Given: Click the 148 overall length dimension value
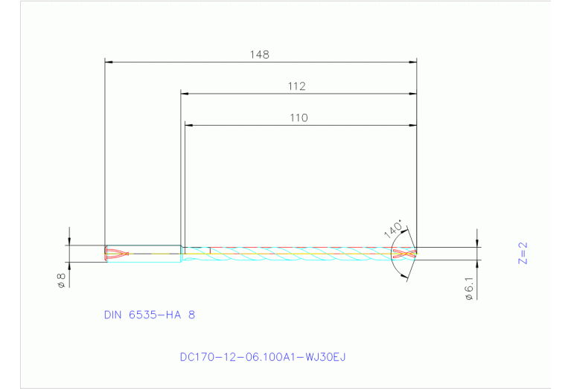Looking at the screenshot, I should click(260, 54).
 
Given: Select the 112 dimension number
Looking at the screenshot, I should click(297, 86).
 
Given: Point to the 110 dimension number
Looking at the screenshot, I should click(299, 118).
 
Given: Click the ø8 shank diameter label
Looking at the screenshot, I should click(62, 280).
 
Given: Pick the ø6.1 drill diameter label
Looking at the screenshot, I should click(468, 288).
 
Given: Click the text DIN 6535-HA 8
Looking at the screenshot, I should click(150, 315).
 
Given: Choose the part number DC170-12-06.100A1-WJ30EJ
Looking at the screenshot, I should click(263, 357).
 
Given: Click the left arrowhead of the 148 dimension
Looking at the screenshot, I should click(109, 62).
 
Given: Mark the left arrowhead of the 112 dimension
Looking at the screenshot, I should click(185, 94).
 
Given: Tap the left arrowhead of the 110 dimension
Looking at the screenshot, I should click(189, 125).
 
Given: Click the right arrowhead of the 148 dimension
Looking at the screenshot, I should click(412, 62).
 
